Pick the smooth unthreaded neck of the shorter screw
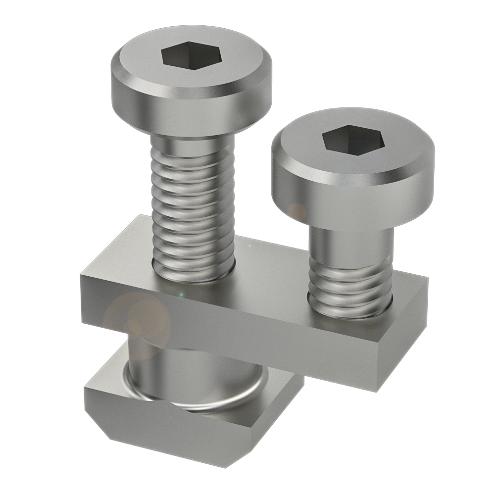(x=351, y=245)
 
